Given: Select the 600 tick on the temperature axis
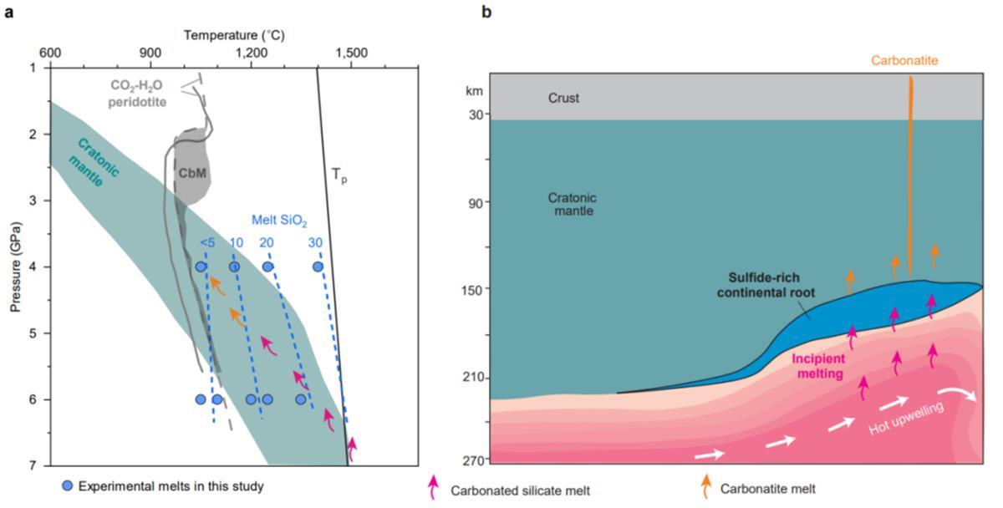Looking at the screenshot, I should click(x=49, y=53).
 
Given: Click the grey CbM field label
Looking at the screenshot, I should click(x=192, y=172).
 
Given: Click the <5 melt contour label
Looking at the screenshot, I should click(x=206, y=243).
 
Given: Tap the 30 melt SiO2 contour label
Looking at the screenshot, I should click(x=315, y=243).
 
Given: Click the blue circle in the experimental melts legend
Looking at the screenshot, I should click(x=68, y=485).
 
